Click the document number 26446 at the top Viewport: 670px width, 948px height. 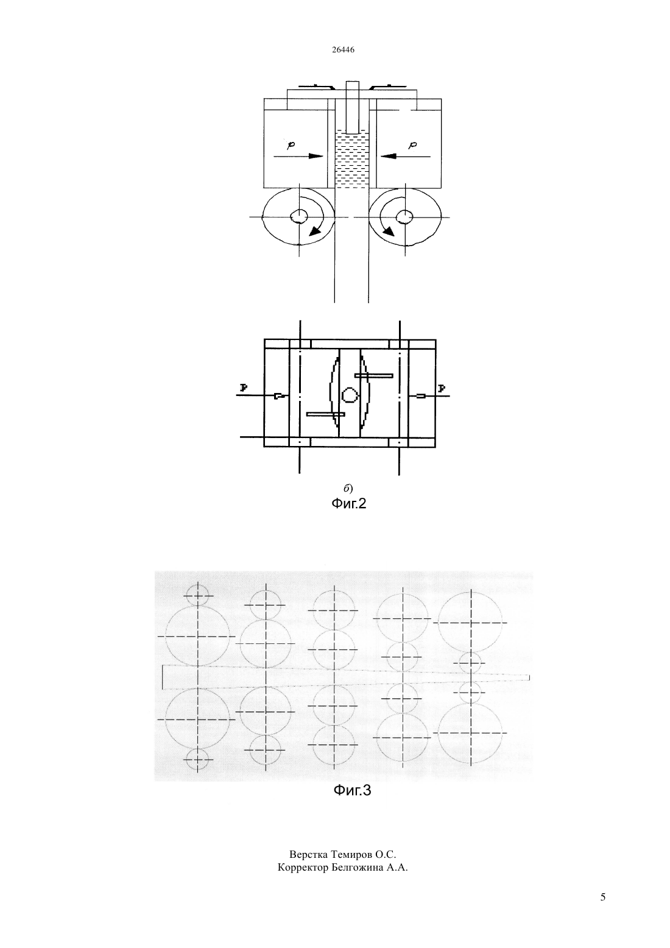coord(343,50)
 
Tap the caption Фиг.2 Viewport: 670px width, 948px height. coord(348,504)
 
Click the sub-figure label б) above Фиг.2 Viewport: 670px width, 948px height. coord(348,488)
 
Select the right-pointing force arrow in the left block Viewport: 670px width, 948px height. coord(298,156)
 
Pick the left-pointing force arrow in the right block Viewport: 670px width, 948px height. coord(405,156)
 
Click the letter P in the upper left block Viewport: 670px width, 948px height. coord(291,145)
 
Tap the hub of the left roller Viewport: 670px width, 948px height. coord(299,217)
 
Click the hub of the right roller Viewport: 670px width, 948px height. coord(405,217)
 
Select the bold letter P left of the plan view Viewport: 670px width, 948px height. coord(243,387)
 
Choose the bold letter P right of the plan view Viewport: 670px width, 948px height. coord(442,388)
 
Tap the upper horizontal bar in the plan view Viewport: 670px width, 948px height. coord(374,375)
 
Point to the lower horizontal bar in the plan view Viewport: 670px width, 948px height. coord(326,414)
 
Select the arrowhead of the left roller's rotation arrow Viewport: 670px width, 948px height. coord(314,231)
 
